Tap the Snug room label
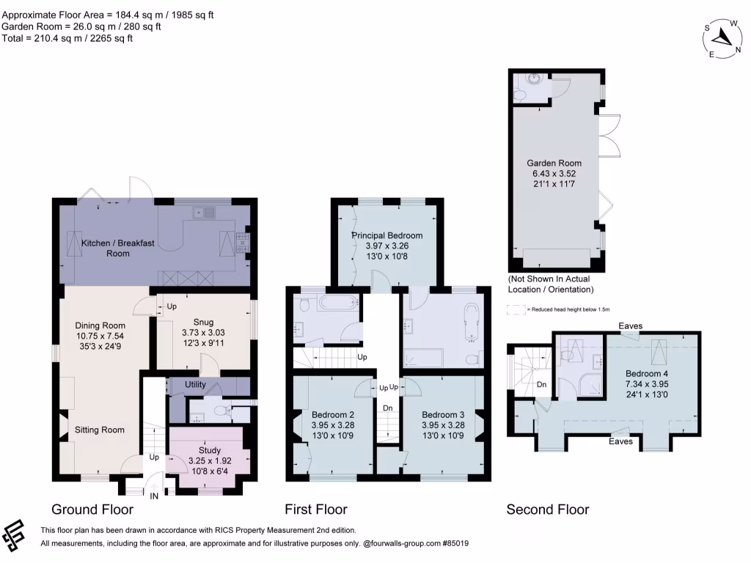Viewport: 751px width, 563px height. point(203,321)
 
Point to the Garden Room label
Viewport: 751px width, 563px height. point(554,163)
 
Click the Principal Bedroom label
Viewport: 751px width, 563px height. point(387,235)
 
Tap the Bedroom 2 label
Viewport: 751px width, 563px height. point(332,413)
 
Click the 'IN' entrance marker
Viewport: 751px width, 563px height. point(154,496)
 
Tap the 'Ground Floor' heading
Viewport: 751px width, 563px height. point(92,509)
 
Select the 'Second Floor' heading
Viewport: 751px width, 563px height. point(547,509)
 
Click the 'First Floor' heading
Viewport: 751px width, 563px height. point(316,509)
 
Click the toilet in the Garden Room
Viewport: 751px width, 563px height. point(520,96)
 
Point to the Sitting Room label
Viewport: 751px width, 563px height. point(100,430)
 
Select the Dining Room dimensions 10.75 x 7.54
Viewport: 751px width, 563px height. point(100,336)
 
